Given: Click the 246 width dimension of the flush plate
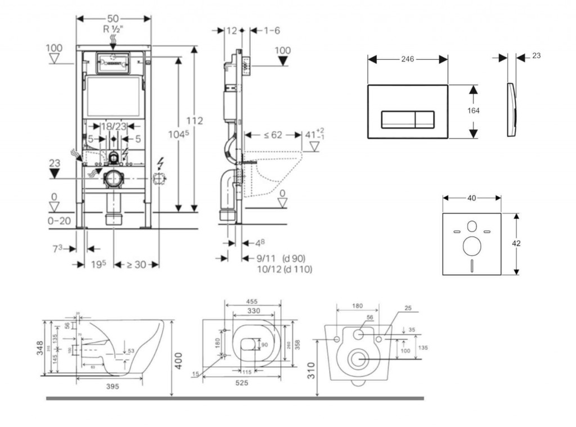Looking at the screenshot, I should [x=408, y=59].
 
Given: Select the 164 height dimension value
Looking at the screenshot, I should [x=474, y=111].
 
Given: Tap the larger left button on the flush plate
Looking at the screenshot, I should [x=398, y=119].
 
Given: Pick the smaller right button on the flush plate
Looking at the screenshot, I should [x=424, y=119].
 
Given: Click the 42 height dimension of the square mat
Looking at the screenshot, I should [x=516, y=243].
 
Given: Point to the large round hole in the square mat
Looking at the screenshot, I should [x=471, y=246].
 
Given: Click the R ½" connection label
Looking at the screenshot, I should [x=113, y=29].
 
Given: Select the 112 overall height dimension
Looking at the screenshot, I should [x=195, y=121].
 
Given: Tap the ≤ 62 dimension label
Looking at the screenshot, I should [x=273, y=135].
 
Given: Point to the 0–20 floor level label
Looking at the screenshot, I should [x=58, y=220].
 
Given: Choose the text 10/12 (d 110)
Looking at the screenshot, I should [x=284, y=269].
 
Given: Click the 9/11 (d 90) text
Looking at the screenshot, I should [x=281, y=259].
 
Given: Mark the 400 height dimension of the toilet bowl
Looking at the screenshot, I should [x=178, y=359].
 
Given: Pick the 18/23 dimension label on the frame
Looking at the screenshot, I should [x=114, y=127].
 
